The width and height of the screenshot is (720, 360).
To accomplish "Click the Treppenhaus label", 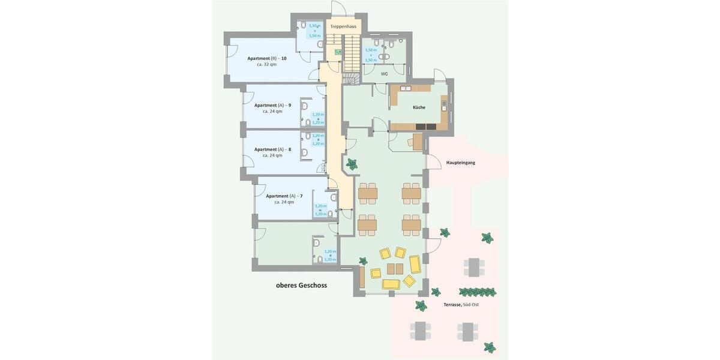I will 343,26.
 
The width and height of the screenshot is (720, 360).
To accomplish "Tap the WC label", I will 384,74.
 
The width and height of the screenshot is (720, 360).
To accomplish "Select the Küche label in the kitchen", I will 419,107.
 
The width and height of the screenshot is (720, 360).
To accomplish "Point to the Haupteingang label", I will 460,163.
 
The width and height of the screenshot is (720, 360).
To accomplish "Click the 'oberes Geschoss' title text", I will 301,286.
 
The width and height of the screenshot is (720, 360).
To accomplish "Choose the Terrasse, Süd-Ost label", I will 461,305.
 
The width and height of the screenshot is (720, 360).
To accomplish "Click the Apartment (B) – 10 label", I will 266,58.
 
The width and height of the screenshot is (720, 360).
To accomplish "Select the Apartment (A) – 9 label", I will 272,105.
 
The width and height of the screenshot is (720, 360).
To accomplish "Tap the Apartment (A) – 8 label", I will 272,149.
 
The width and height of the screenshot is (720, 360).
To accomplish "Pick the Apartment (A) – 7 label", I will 284,196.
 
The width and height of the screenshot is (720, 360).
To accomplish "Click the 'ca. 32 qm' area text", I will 266,64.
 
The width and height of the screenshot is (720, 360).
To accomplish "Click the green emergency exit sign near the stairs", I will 338,53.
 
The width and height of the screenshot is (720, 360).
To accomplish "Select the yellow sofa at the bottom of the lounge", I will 391,283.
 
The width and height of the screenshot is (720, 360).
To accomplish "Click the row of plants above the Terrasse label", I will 478,292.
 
